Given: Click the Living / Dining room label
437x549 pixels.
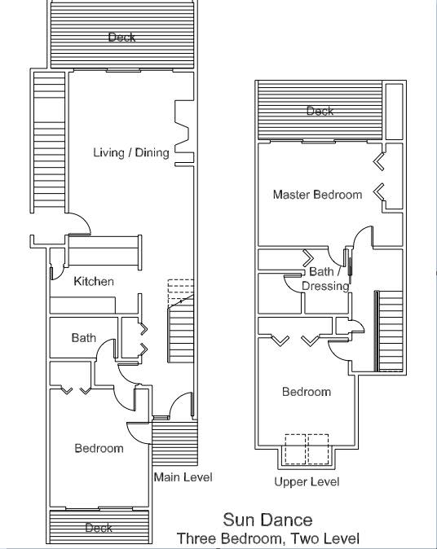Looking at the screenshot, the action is click(x=131, y=152).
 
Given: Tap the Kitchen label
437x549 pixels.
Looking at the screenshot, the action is click(x=94, y=281).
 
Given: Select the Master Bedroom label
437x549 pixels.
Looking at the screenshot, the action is click(x=317, y=195).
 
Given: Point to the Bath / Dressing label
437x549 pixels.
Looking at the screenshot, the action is click(x=325, y=279).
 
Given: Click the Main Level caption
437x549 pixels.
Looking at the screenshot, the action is click(x=183, y=477).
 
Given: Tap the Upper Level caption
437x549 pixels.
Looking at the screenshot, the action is click(x=307, y=481).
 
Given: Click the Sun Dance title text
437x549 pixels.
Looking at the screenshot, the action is click(x=267, y=520).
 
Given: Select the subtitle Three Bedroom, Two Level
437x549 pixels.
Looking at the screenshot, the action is click(x=267, y=538).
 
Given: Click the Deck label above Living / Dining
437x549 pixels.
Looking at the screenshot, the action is click(x=121, y=37).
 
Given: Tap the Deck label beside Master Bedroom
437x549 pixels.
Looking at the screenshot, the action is click(x=320, y=111).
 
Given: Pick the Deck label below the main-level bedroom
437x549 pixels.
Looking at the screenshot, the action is click(x=99, y=528).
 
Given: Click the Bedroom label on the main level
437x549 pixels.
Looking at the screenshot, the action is click(x=99, y=448).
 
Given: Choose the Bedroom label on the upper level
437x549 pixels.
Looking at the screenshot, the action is click(x=307, y=392).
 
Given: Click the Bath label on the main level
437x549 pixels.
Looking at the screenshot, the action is click(x=83, y=337).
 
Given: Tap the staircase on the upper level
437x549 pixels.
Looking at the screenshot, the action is click(x=390, y=331).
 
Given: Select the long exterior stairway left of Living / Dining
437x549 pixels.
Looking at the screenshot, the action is click(x=49, y=143).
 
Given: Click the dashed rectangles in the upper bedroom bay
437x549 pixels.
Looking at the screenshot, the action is click(x=307, y=449).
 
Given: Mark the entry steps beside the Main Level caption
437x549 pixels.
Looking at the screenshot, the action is click(x=174, y=444).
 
